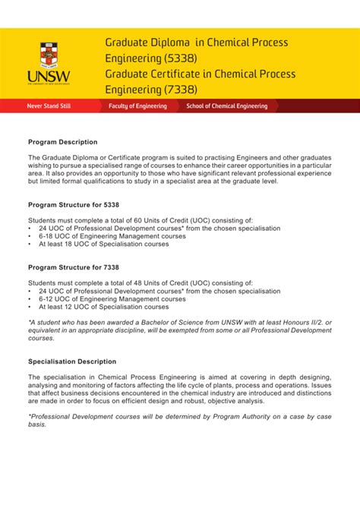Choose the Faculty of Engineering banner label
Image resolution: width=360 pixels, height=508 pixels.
tap(137, 106)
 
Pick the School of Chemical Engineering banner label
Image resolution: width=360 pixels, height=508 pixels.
tap(227, 106)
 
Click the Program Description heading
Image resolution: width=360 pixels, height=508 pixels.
tap(63, 142)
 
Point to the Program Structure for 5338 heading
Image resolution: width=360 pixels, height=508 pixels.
tap(74, 205)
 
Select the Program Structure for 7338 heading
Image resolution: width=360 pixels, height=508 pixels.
tap(74, 267)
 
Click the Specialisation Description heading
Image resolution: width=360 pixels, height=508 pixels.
tap(72, 361)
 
